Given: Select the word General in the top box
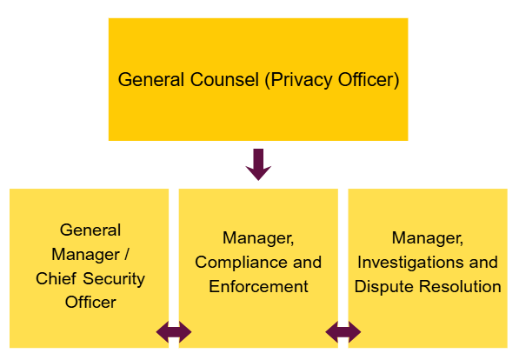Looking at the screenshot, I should pos(150,80).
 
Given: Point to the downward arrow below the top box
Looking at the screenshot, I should pos(258,163).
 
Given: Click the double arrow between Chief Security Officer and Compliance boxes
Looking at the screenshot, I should pos(174,331).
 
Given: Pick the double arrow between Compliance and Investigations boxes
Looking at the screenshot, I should pos(343,331).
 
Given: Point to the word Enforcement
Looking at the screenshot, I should pos(258,286).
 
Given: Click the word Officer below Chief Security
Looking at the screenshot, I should pos(90,303).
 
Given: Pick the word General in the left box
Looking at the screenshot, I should pos(90,230).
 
